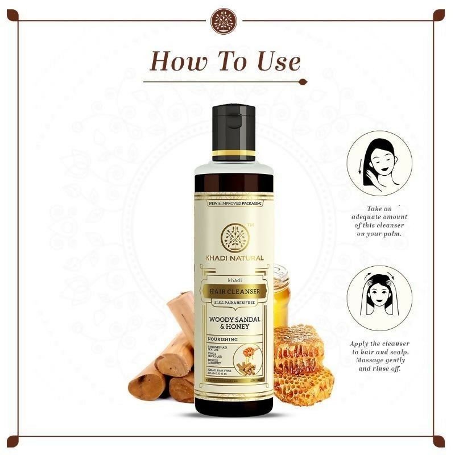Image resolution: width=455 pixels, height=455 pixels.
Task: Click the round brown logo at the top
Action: (223, 22)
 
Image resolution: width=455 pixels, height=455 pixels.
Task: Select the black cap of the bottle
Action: (233, 128)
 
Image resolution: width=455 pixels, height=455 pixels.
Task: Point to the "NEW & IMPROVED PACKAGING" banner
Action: (233, 203)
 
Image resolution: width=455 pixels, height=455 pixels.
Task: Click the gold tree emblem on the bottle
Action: (233, 237)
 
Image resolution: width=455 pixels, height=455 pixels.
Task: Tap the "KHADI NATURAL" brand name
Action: (234, 258)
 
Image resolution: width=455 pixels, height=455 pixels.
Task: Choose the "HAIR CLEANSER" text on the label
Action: (234, 292)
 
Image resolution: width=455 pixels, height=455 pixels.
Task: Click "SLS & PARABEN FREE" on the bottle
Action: (234, 302)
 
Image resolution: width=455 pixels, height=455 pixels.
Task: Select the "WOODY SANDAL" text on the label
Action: (234, 320)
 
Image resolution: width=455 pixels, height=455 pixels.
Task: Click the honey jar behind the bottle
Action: (281, 296)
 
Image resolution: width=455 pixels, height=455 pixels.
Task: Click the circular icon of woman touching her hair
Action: (379, 163)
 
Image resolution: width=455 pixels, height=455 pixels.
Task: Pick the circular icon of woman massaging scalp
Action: (379, 298)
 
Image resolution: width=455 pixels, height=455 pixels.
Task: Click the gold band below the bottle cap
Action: (233, 154)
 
